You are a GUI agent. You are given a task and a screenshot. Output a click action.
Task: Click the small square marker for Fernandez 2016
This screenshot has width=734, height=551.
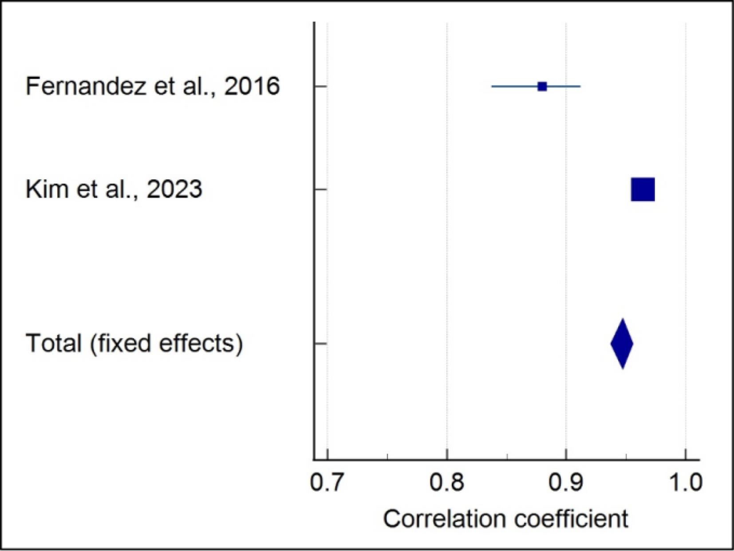[x=542, y=87]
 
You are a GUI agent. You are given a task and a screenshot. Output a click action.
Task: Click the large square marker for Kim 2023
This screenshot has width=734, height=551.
[x=643, y=189]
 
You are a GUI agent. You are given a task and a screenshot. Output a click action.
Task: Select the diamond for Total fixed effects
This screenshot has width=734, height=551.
[x=622, y=343]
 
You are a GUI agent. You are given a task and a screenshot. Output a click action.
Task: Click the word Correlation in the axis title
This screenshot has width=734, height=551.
[x=444, y=519]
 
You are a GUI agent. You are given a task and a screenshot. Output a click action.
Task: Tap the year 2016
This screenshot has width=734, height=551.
[x=252, y=86]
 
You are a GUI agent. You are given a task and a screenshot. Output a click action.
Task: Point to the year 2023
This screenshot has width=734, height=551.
[x=174, y=189]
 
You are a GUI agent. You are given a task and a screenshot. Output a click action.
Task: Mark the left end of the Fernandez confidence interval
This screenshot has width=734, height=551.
[x=492, y=87]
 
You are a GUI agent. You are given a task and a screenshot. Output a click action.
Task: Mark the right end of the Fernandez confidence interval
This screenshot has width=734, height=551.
[x=580, y=87]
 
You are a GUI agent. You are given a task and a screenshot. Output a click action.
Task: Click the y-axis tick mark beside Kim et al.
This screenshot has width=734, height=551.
[x=320, y=189]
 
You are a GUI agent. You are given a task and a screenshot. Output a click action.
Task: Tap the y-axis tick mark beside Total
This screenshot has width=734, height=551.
[x=320, y=343]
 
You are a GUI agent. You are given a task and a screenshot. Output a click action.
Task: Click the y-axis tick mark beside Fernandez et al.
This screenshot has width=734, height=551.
[x=320, y=87]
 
